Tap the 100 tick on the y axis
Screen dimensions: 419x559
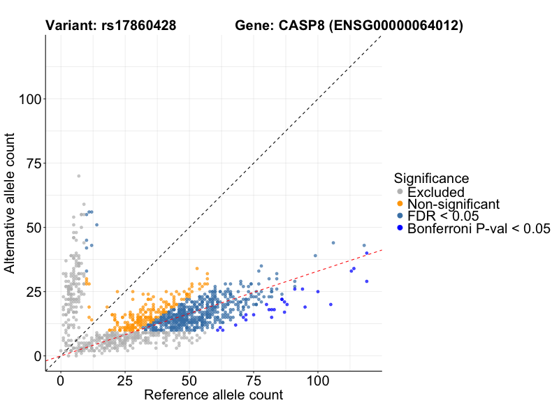[x=27, y=99]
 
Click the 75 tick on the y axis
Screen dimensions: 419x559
[x=31, y=163]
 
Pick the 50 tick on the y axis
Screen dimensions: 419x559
[x=31, y=228]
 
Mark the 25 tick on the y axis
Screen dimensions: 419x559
[x=31, y=292]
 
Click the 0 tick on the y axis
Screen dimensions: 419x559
[x=35, y=356]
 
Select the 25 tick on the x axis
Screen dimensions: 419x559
[x=125, y=381]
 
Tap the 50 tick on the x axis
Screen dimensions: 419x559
[x=189, y=381]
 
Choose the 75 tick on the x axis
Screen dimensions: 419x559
[x=254, y=381]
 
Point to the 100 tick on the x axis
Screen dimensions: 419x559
[x=318, y=381]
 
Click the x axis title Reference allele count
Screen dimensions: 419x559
[x=213, y=396]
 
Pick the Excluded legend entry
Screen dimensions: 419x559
[x=436, y=192]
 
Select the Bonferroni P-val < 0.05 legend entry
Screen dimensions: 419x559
[x=479, y=228]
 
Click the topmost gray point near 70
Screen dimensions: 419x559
[x=78, y=176]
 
